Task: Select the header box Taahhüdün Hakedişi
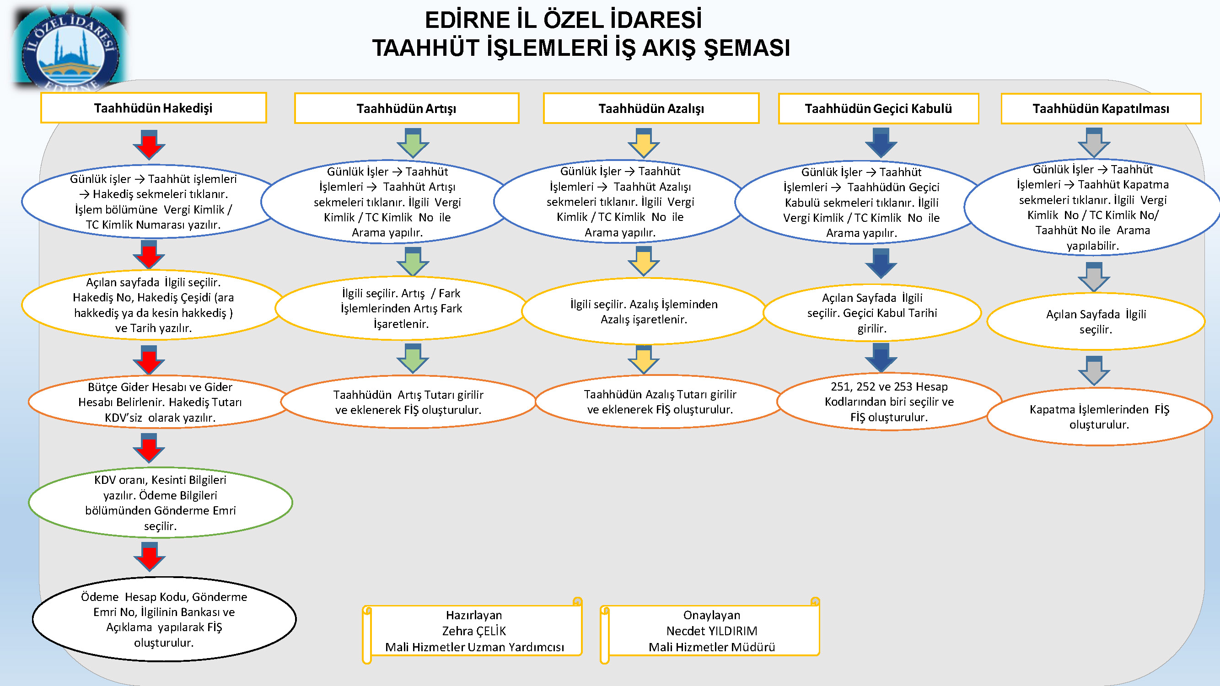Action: click(x=153, y=108)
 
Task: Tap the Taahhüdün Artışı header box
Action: click(x=406, y=108)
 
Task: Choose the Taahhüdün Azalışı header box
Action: click(x=651, y=108)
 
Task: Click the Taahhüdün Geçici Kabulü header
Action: click(x=879, y=108)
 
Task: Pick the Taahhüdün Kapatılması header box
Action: click(x=1101, y=108)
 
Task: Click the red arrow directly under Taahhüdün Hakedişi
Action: click(x=149, y=145)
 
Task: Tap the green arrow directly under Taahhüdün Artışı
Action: click(x=413, y=143)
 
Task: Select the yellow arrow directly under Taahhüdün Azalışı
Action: click(x=644, y=143)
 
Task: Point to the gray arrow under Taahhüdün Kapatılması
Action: click(x=1094, y=143)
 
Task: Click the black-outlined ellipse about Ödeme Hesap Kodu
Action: click(x=164, y=619)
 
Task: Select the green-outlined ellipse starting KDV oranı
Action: click(x=161, y=502)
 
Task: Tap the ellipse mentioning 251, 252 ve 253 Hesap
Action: click(x=889, y=402)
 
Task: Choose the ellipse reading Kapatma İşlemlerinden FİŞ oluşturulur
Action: click(x=1100, y=417)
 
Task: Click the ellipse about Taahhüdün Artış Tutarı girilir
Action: click(x=408, y=402)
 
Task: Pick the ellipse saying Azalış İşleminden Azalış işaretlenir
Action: click(x=644, y=311)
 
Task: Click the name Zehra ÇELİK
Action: click(x=474, y=631)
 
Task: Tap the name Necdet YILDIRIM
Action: click(x=712, y=631)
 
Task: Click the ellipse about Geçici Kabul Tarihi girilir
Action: click(x=872, y=313)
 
